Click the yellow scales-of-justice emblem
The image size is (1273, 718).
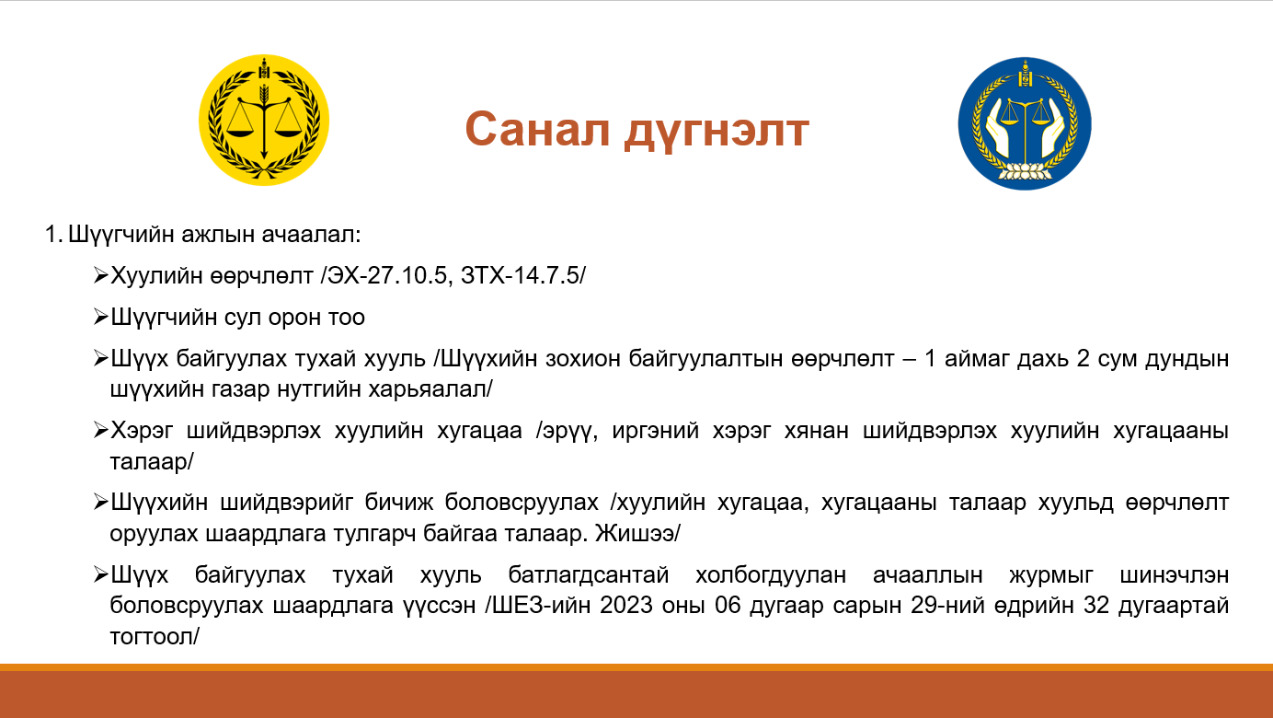(x=264, y=120)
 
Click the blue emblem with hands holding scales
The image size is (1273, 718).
(x=1025, y=123)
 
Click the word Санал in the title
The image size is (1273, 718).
(x=537, y=129)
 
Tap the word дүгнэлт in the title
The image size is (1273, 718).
(x=717, y=132)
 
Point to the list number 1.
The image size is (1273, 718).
(x=53, y=235)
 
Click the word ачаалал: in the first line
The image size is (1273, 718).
(x=312, y=235)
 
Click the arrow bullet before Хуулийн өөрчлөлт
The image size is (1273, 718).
(x=100, y=276)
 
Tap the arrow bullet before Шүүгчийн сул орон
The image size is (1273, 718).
(x=100, y=317)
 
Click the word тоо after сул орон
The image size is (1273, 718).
(x=346, y=318)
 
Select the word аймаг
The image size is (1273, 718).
(x=976, y=359)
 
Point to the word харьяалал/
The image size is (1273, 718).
(x=430, y=389)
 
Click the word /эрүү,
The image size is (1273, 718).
(x=567, y=431)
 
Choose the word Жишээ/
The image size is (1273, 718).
(x=637, y=534)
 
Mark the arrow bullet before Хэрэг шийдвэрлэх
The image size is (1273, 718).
(x=100, y=430)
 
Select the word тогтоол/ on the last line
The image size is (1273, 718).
(x=155, y=636)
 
